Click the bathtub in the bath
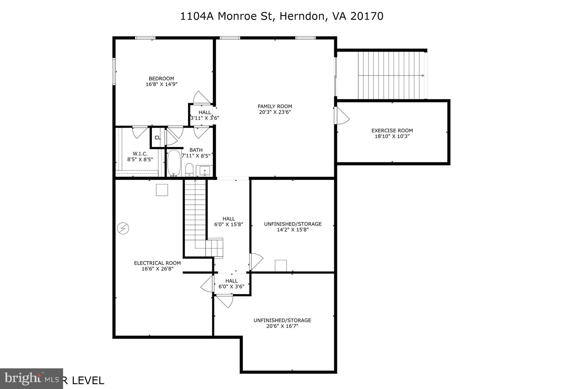pyautogui.click(x=174, y=163)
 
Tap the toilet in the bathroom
pyautogui.click(x=189, y=169)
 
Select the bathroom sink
pyautogui.click(x=205, y=171)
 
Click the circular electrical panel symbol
pyautogui.click(x=123, y=228)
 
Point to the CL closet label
pyautogui.click(x=158, y=138)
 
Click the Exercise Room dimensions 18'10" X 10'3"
pyautogui.click(x=392, y=136)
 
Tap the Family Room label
pyautogui.click(x=275, y=106)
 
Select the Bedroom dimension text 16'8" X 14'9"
pyautogui.click(x=161, y=84)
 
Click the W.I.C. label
pyautogui.click(x=140, y=154)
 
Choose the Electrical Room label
pyautogui.click(x=157, y=263)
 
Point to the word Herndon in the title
pyautogui.click(x=301, y=16)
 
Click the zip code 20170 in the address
pyautogui.click(x=367, y=16)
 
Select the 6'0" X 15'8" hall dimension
pyautogui.click(x=229, y=225)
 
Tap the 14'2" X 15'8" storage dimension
pyautogui.click(x=292, y=230)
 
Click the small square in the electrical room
pyautogui.click(x=162, y=190)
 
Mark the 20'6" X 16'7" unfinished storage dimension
pyautogui.click(x=282, y=326)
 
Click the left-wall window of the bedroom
pyautogui.click(x=114, y=71)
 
